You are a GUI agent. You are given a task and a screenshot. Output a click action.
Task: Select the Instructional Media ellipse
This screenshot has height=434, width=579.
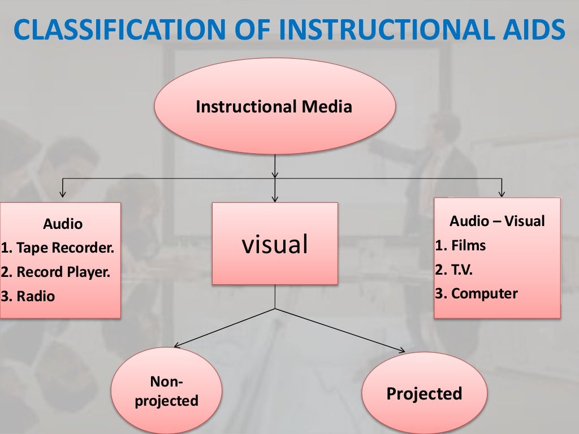[274, 106]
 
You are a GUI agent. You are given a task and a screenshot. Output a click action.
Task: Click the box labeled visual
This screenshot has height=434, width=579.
[275, 244]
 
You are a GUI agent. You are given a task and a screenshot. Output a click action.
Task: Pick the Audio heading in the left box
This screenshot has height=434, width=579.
[63, 224]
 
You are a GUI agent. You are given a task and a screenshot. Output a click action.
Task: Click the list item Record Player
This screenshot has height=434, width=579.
[56, 272]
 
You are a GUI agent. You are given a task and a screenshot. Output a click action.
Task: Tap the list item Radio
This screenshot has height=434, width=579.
[29, 296]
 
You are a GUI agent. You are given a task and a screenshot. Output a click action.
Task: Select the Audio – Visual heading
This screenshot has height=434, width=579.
[497, 221]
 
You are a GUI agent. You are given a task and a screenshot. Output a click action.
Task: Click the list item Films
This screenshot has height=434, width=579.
[461, 245]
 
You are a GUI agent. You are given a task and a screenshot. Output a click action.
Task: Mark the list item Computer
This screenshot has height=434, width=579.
[477, 293]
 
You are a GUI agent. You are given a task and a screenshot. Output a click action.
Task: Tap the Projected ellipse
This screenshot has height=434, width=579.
[424, 393]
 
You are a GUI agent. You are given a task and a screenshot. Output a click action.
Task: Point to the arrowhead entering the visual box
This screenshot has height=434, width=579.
[275, 198]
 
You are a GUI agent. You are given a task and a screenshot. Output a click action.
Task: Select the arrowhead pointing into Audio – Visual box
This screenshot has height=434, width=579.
[501, 194]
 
